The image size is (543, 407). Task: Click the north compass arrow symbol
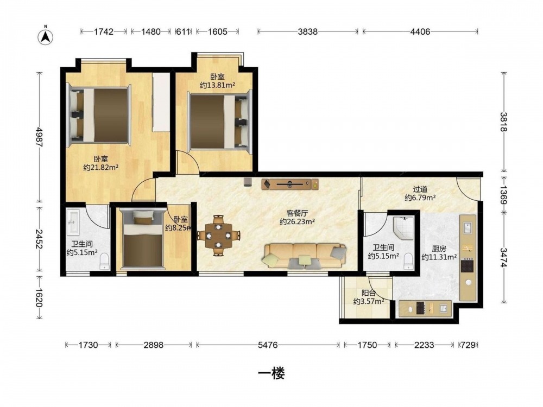point(45,36)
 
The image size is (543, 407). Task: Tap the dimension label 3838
point(308,32)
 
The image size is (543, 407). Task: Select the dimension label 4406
point(420,32)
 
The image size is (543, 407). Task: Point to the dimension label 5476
point(268,345)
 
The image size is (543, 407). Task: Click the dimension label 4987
point(40,137)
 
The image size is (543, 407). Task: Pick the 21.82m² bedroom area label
point(101,163)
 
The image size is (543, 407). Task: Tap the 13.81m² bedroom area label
point(218,81)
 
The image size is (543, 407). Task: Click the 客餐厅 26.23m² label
point(297,218)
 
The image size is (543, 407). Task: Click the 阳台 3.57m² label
point(369,297)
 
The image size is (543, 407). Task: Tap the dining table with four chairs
point(218,236)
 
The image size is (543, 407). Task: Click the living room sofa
point(305,256)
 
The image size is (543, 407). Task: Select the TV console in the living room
point(290,184)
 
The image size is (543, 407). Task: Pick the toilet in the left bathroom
point(104,262)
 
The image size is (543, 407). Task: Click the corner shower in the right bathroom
point(403,228)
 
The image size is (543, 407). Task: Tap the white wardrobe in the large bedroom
point(161,102)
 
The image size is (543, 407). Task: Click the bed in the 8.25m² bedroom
point(143,239)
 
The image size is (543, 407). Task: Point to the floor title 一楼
point(271,373)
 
